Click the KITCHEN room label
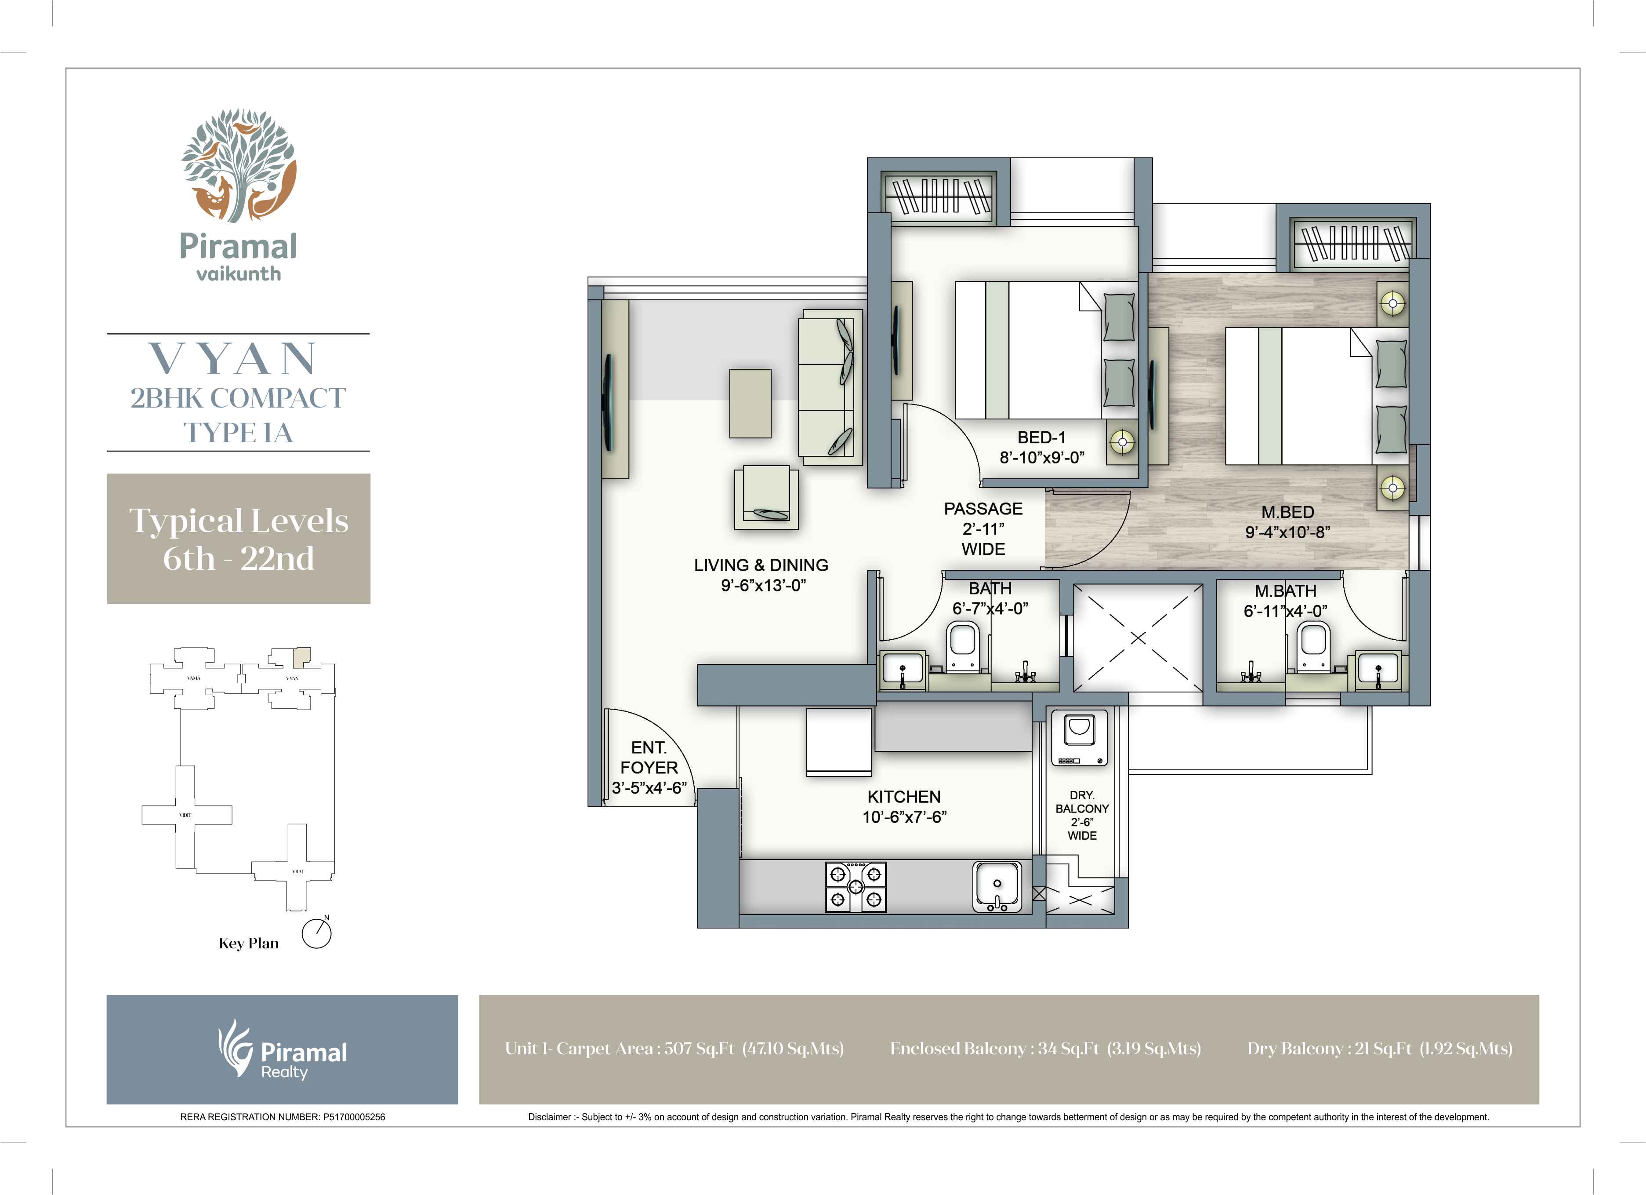[903, 796]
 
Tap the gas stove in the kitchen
[856, 886]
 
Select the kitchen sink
[997, 886]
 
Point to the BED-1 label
[1041, 437]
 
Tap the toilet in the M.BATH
[1314, 647]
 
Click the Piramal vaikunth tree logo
[238, 165]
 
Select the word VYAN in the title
[234, 359]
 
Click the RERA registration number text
[283, 1117]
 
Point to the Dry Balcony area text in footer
[1379, 1048]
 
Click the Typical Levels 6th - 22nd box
[239, 539]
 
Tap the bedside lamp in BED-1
[1122, 441]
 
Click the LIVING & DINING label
[761, 565]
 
